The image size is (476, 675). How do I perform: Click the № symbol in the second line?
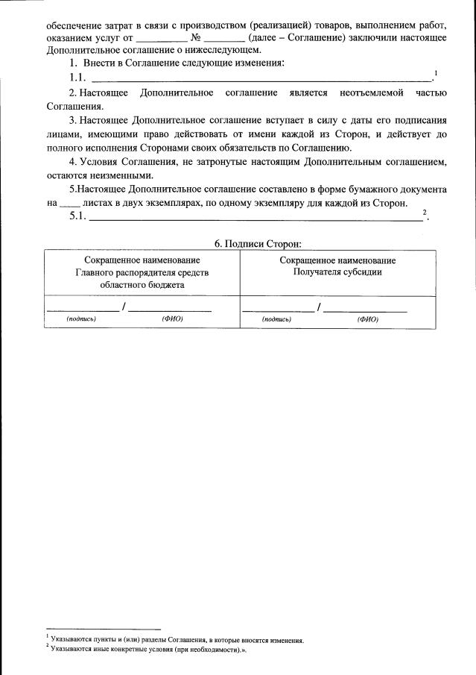pyautogui.click(x=197, y=37)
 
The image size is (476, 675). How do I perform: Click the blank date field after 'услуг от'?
pyautogui.click(x=162, y=38)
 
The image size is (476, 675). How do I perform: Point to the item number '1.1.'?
pyautogui.click(x=77, y=78)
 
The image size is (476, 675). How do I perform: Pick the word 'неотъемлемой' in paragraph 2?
pyautogui.click(x=371, y=92)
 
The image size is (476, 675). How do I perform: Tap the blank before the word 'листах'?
pyautogui.click(x=68, y=204)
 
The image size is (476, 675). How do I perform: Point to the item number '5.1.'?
pyautogui.click(x=77, y=217)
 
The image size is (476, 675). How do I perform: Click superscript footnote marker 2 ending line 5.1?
pyautogui.click(x=425, y=213)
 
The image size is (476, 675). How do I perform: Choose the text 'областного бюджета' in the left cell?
pyautogui.click(x=142, y=284)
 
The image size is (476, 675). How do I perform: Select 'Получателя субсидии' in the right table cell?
pyautogui.click(x=337, y=272)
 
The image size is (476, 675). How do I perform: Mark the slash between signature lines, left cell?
pyautogui.click(x=124, y=307)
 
